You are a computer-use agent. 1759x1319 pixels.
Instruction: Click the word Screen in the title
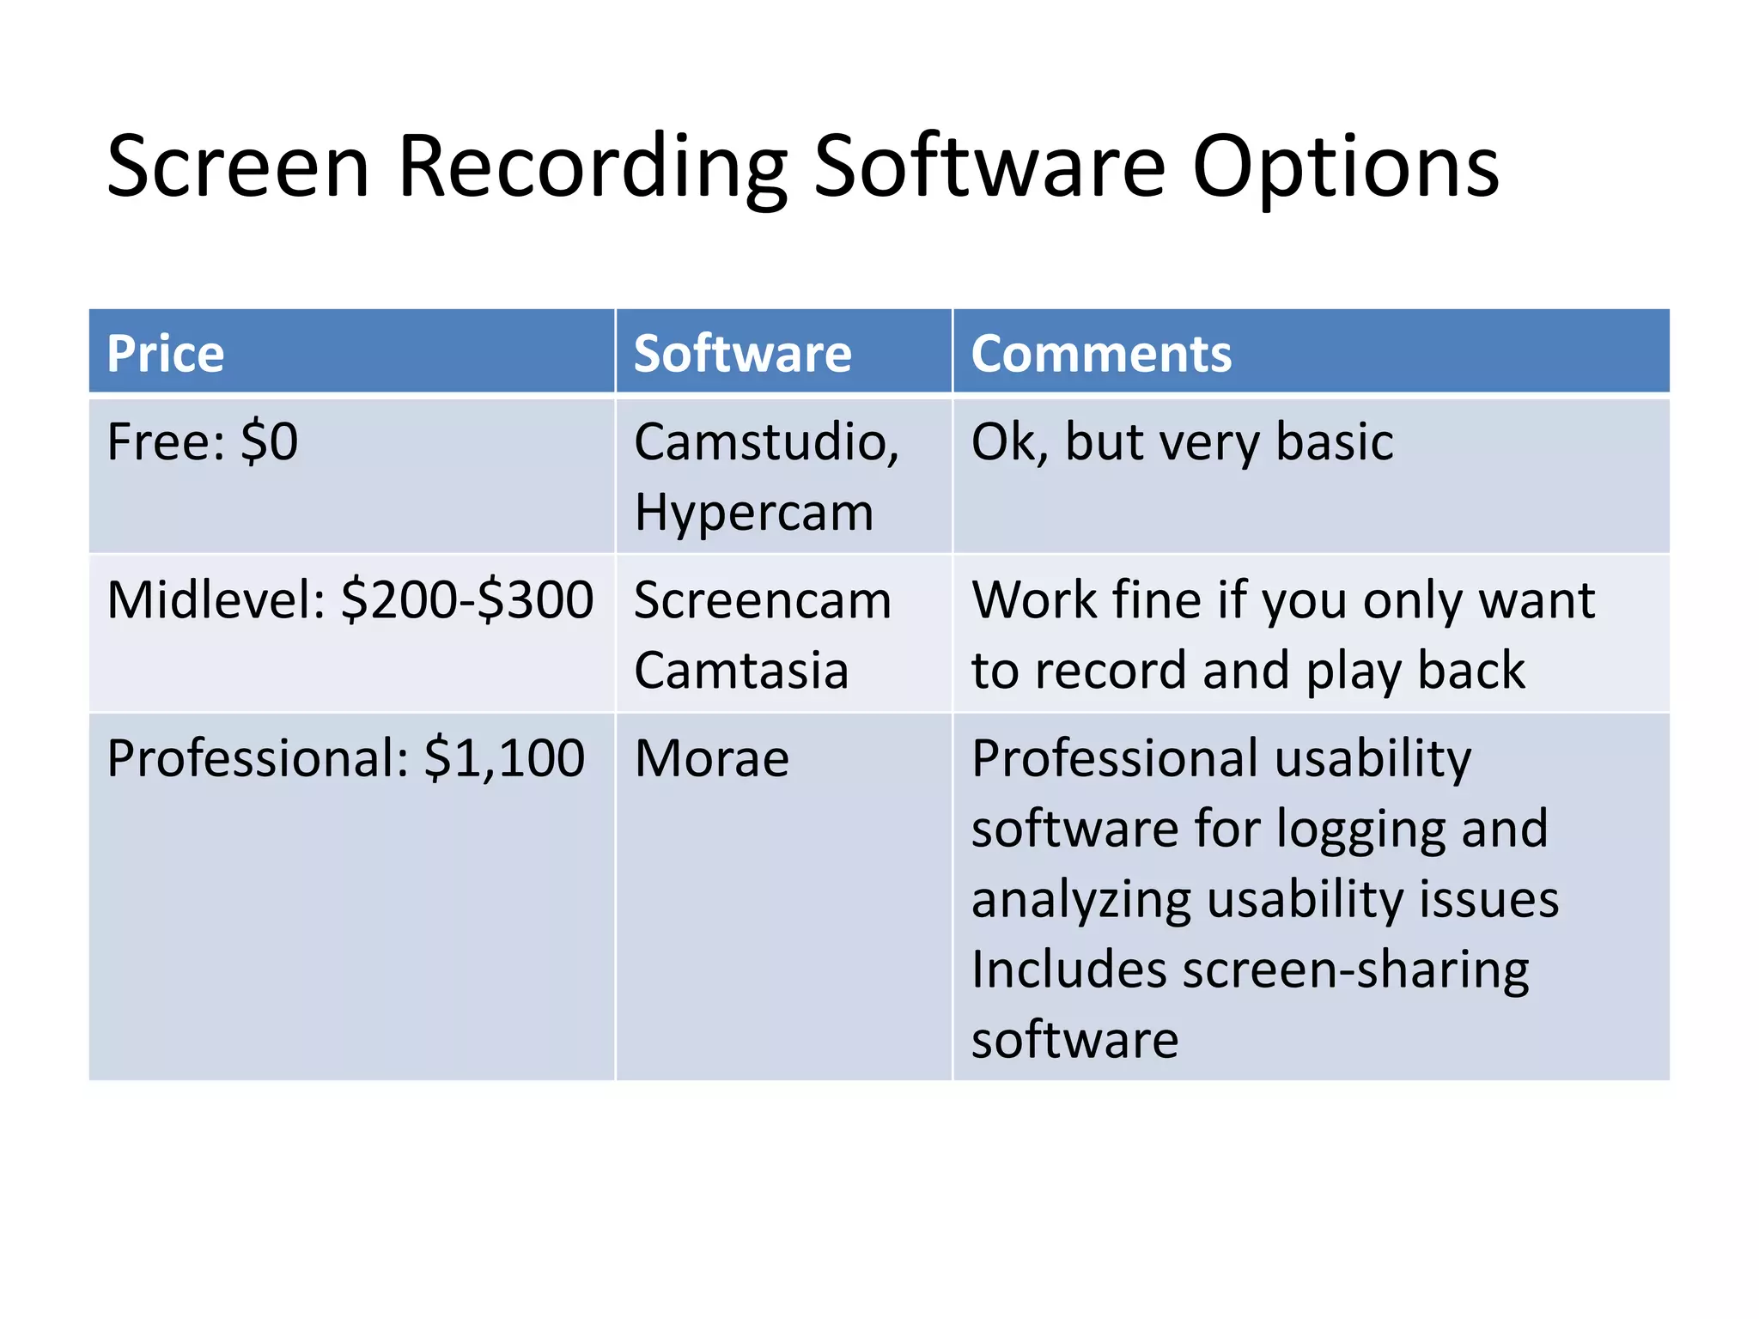238,167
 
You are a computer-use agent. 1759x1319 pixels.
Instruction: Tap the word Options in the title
1345,167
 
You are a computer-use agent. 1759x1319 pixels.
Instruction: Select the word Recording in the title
592,167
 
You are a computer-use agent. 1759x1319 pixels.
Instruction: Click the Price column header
166,353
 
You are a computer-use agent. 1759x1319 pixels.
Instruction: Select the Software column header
742,353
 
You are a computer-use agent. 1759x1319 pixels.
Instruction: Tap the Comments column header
1101,353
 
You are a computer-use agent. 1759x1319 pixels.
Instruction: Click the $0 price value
269,442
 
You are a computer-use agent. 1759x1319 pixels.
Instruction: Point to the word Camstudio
764,442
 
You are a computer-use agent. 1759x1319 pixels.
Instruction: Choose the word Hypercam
753,513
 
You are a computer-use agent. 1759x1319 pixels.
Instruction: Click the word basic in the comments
1334,442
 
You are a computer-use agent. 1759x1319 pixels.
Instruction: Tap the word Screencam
762,599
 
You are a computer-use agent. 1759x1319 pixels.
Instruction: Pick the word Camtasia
740,670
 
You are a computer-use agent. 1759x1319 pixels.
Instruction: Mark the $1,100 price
504,758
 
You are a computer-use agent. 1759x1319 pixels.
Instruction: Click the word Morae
711,758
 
